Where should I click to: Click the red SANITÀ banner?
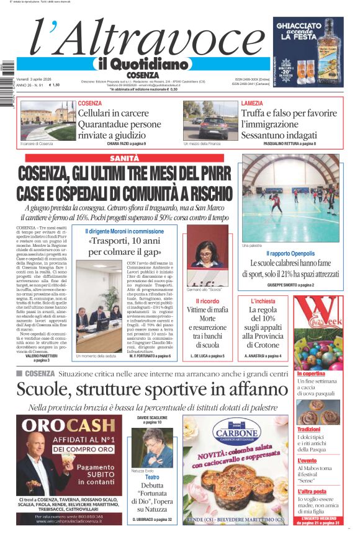[x=124, y=159]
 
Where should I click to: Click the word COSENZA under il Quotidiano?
[x=142, y=75]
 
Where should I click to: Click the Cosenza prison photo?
[x=39, y=120]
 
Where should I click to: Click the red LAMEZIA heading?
[x=252, y=103]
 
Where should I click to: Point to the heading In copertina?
[x=311, y=374]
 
